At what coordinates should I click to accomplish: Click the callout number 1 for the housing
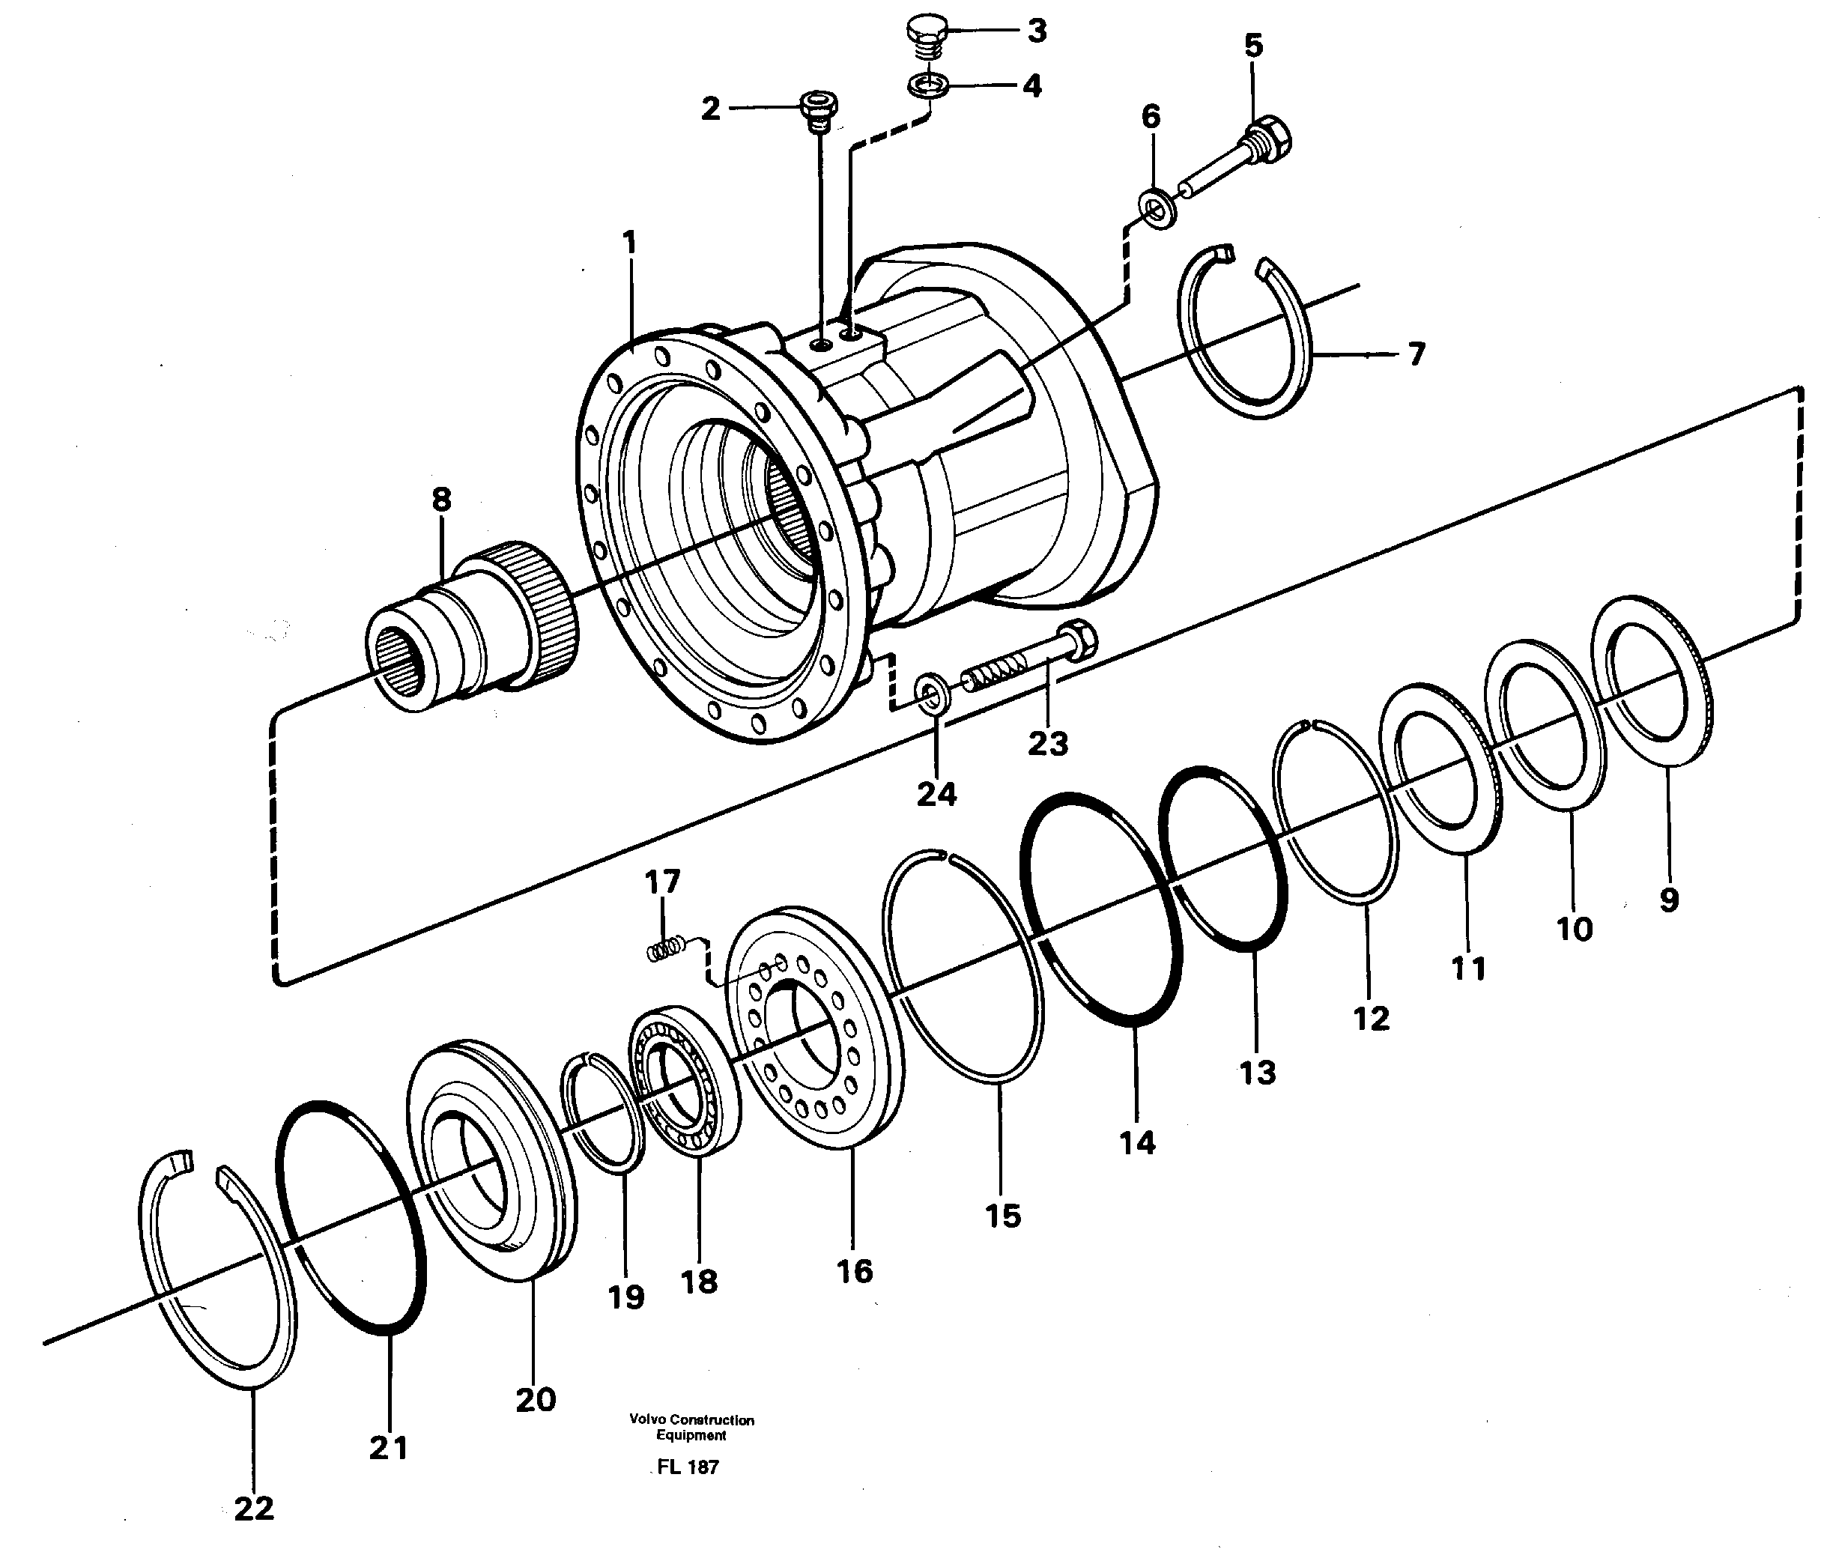628,243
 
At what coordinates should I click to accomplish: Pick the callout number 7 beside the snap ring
1415,355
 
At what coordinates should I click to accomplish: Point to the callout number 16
854,1270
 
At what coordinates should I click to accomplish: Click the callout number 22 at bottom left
254,1508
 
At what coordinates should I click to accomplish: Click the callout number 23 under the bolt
1047,744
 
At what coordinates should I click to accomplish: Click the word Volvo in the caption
646,1420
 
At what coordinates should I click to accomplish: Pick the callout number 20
535,1399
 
